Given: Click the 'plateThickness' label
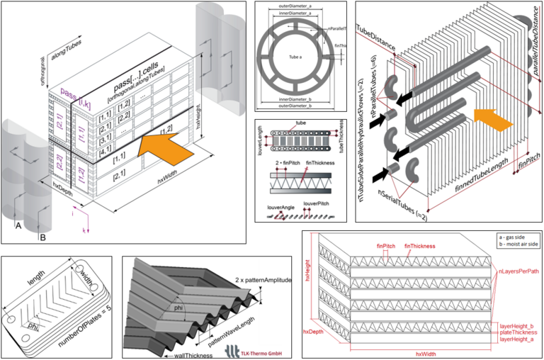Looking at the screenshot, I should click(x=515, y=332).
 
